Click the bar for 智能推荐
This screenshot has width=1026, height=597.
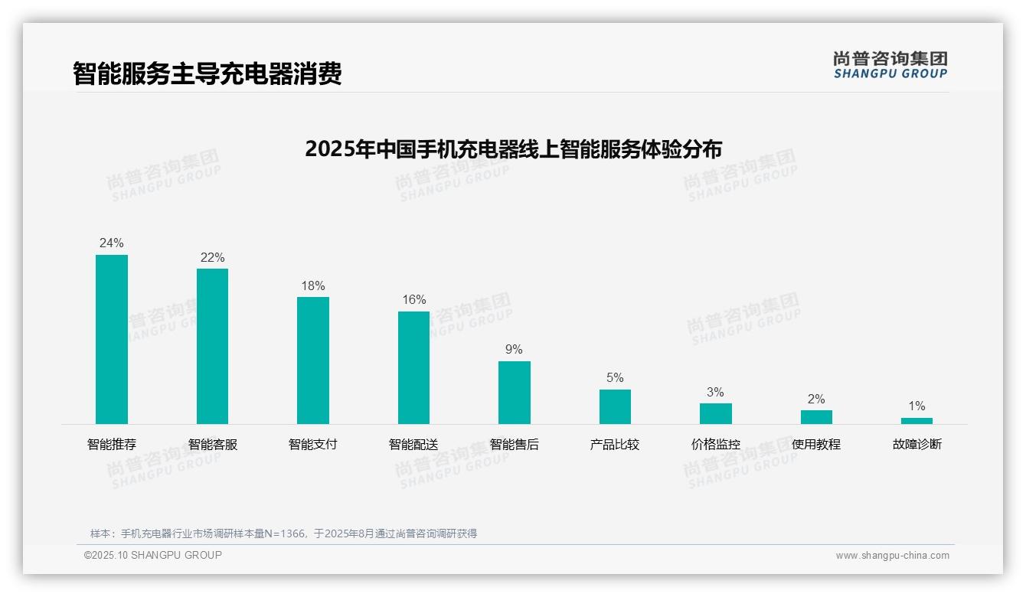(112, 339)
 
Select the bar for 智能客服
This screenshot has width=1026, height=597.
(212, 346)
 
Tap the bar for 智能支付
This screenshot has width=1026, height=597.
(313, 360)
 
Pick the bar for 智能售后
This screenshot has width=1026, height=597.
(515, 392)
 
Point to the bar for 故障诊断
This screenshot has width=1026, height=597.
(917, 421)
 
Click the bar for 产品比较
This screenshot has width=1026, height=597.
(615, 406)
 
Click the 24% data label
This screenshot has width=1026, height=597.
(112, 243)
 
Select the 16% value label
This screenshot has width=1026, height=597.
(414, 300)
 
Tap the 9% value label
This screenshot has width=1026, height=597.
(514, 350)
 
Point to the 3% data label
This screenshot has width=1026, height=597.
(715, 392)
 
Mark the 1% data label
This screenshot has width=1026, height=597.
(917, 406)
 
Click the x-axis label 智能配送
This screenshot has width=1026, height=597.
(413, 445)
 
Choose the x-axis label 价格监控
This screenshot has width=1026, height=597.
(716, 445)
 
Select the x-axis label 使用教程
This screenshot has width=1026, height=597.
(816, 445)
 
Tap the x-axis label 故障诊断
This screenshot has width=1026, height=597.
(917, 445)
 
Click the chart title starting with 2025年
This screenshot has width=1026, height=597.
(513, 149)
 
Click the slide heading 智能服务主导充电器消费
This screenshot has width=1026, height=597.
(207, 73)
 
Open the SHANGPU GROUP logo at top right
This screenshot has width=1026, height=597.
(890, 65)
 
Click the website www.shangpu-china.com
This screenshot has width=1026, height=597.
(892, 556)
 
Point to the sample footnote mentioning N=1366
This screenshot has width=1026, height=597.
(283, 533)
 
